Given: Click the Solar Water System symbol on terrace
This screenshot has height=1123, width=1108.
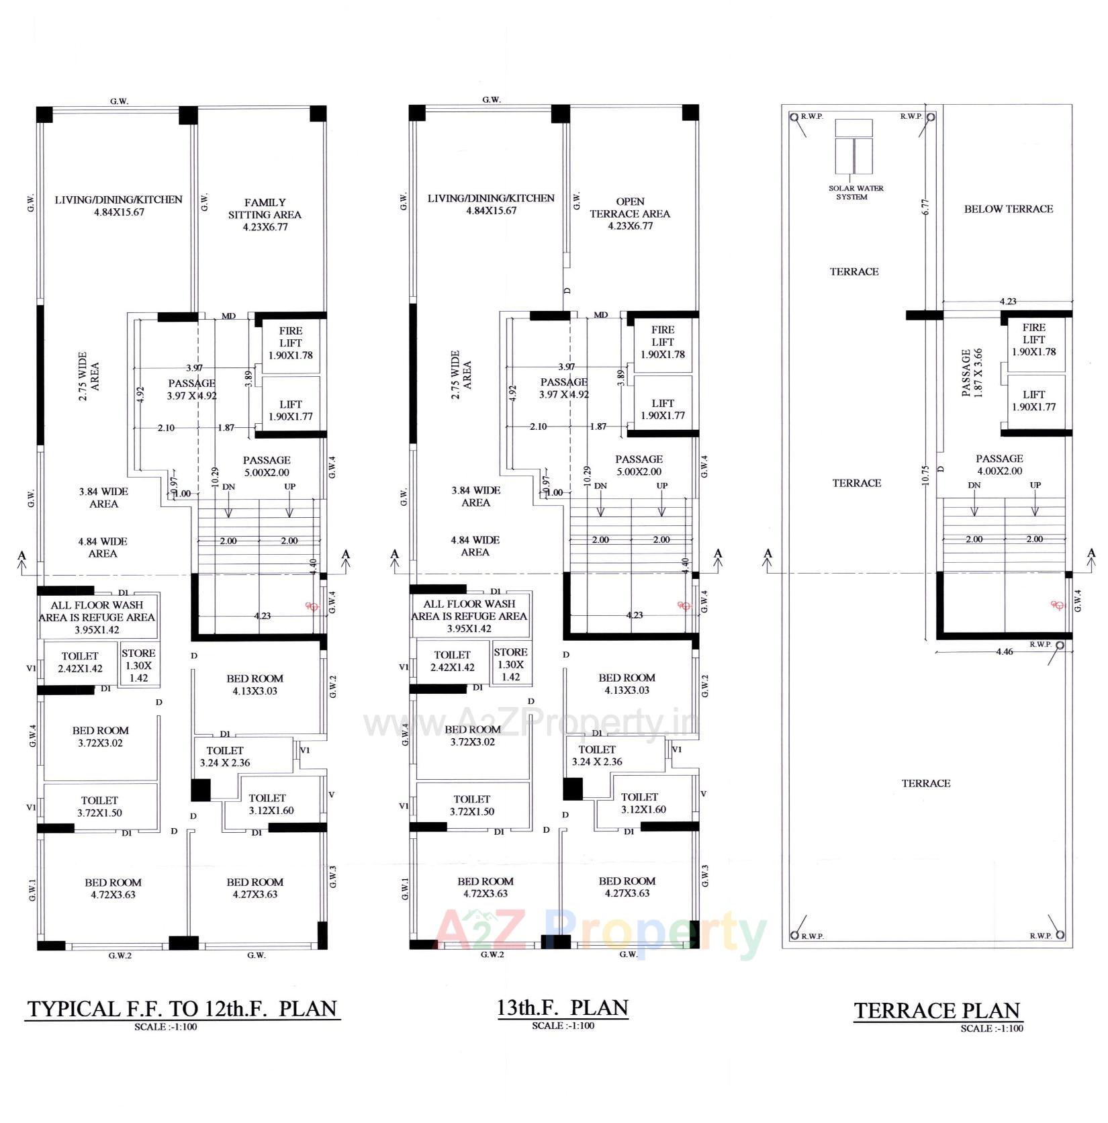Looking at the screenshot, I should point(853,147).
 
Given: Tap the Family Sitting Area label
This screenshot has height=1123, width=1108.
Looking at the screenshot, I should point(265,214).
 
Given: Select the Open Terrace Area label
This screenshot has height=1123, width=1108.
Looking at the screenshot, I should point(630,214).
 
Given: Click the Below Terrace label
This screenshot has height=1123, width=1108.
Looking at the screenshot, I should point(1008,209).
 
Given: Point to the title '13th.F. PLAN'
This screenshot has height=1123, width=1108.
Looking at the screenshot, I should point(563,1007).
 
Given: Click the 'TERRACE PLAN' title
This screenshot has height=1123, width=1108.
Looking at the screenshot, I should point(937,1010).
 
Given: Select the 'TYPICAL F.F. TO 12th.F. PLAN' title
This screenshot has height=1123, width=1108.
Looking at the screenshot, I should point(182,1008).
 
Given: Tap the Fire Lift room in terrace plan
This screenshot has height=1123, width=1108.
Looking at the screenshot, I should point(1033,340).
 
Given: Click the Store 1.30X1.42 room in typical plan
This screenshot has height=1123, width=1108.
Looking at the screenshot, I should point(138,665).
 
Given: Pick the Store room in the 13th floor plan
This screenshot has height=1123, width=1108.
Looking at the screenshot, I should point(510,664).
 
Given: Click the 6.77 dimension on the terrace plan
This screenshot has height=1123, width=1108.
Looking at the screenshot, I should point(926,207).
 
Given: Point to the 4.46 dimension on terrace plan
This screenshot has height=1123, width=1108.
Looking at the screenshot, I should point(1005,652).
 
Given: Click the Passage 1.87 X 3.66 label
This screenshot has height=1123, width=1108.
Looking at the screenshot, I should point(971,372).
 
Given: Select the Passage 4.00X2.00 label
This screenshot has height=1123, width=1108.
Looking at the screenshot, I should point(999,464).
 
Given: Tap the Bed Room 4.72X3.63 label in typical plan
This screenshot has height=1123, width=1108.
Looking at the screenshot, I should point(113,888).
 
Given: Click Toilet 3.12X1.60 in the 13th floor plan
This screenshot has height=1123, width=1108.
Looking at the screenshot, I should point(639,803).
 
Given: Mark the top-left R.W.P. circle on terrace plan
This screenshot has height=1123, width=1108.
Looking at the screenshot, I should point(794,117).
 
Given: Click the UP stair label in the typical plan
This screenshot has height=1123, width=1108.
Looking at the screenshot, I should point(289,486).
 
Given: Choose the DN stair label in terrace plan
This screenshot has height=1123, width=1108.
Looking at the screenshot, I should point(974,485).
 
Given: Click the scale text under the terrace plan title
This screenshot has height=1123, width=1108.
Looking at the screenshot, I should point(991,1028).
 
